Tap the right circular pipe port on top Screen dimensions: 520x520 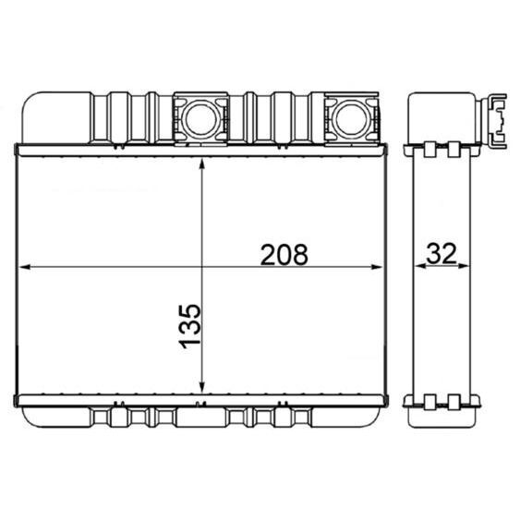pos(349,117)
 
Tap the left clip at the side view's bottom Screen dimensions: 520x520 pos(430,403)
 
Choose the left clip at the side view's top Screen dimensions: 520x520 pos(430,147)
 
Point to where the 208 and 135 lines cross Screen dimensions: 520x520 pos(202,268)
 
